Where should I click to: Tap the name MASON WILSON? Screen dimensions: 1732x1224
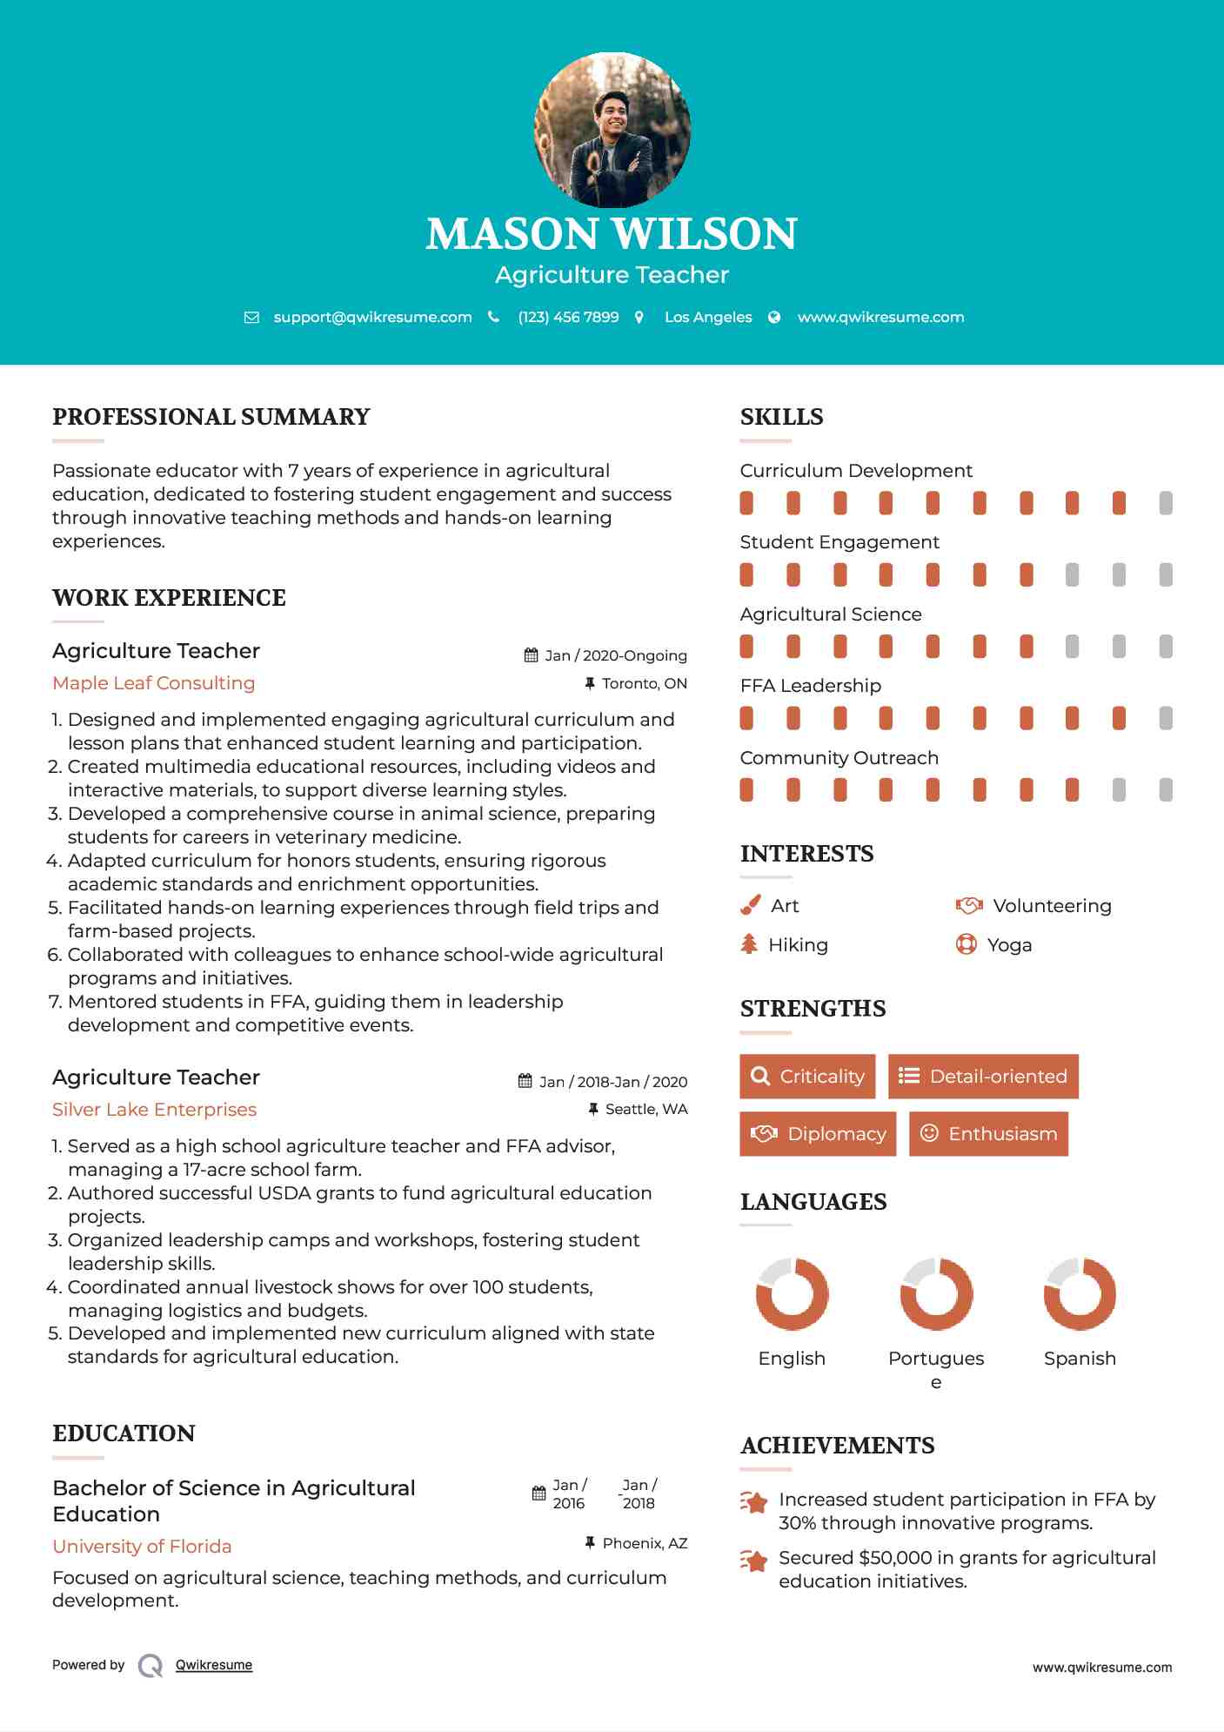[612, 233]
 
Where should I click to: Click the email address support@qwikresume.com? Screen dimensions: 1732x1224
[372, 317]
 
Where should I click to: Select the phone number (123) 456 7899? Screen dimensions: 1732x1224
[568, 317]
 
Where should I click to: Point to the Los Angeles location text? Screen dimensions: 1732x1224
[708, 317]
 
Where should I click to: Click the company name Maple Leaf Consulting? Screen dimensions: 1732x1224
[154, 683]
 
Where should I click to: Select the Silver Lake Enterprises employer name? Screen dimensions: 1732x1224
[155, 1110]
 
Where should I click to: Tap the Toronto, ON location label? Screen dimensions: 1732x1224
[644, 684]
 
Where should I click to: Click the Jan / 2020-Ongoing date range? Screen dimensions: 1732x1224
[615, 655]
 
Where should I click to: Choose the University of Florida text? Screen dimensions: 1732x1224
[142, 1547]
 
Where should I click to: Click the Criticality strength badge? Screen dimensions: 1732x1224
[807, 1077]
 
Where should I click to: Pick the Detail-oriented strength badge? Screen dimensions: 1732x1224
[983, 1077]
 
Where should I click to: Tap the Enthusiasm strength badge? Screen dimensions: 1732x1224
[988, 1134]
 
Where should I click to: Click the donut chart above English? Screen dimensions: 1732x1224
[792, 1294]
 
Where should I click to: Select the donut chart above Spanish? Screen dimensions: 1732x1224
[1080, 1294]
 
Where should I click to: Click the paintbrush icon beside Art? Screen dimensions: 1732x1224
[750, 906]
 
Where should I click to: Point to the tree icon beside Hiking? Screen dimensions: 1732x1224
[749, 944]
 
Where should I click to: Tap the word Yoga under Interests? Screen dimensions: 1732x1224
[1009, 945]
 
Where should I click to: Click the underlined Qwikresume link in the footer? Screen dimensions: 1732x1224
[214, 1665]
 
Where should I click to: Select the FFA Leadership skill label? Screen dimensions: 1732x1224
[810, 686]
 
